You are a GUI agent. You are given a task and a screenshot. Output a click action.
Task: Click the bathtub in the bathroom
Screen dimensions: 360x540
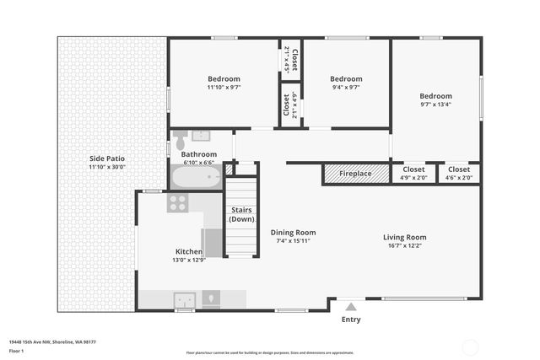[x=197, y=177]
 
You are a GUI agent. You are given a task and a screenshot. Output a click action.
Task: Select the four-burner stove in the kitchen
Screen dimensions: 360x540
[x=177, y=202]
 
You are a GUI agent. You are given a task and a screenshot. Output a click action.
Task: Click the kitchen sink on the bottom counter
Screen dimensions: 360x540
[x=184, y=299]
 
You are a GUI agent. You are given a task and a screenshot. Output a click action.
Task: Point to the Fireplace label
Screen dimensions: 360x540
[x=355, y=174]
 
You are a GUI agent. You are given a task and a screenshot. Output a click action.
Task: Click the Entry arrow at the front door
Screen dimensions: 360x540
[x=351, y=307]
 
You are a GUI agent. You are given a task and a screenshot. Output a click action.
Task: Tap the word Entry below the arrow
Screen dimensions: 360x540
[x=351, y=320]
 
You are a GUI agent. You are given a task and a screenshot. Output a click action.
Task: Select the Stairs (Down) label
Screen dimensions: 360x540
[x=241, y=214]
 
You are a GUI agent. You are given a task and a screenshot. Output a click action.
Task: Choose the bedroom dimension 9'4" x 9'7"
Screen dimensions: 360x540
[x=346, y=87]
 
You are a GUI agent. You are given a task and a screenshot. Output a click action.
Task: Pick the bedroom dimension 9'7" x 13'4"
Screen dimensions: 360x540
[x=435, y=105]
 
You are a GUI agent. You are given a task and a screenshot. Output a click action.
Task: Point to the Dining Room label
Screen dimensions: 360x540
[x=293, y=233]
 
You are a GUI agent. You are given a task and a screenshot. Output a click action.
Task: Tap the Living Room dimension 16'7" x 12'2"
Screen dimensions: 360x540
[x=405, y=246]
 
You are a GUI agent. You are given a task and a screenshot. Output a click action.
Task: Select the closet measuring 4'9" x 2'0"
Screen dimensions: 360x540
[x=413, y=178]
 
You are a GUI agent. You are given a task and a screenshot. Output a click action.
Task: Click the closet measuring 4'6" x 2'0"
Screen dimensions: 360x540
[x=459, y=178]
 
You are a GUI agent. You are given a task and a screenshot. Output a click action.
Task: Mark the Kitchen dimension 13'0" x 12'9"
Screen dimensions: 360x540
[x=189, y=260]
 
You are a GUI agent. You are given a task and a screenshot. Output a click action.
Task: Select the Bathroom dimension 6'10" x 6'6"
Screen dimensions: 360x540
[x=199, y=163]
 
